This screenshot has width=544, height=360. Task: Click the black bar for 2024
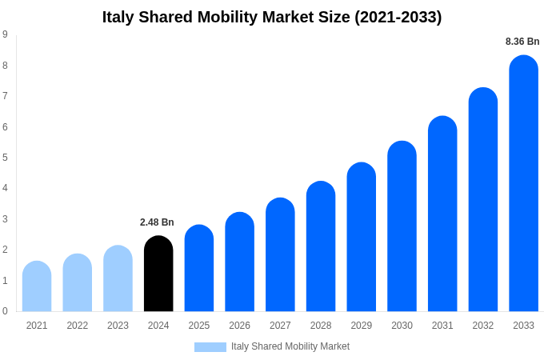(x=158, y=274)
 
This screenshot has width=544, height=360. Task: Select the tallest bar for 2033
(x=523, y=183)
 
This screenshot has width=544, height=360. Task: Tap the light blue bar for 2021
(x=37, y=286)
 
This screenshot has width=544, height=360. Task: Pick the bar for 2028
(x=321, y=246)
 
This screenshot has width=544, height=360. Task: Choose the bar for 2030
(x=402, y=226)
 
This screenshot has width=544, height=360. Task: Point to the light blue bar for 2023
(x=118, y=278)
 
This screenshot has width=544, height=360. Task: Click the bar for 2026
(x=239, y=262)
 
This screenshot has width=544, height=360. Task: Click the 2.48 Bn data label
(x=157, y=222)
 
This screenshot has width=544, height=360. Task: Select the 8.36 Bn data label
(x=522, y=42)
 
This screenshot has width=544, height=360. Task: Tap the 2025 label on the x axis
(x=199, y=326)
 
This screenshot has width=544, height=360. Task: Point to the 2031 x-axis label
(x=442, y=326)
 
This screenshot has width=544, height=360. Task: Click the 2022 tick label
(x=78, y=326)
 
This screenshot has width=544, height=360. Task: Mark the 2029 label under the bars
(x=362, y=326)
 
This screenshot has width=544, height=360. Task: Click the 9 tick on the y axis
(x=5, y=34)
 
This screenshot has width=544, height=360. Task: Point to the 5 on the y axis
(x=5, y=158)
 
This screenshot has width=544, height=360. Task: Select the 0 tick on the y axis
(x=5, y=311)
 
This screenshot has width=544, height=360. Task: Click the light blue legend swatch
(x=210, y=347)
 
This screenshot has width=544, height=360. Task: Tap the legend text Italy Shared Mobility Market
(x=290, y=346)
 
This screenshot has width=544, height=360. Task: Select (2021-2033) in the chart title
(x=398, y=17)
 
